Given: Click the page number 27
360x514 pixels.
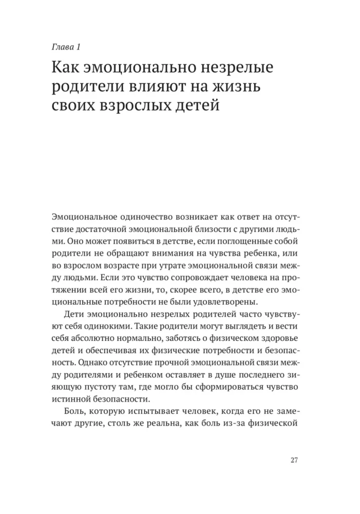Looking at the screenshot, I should [x=294, y=460].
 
